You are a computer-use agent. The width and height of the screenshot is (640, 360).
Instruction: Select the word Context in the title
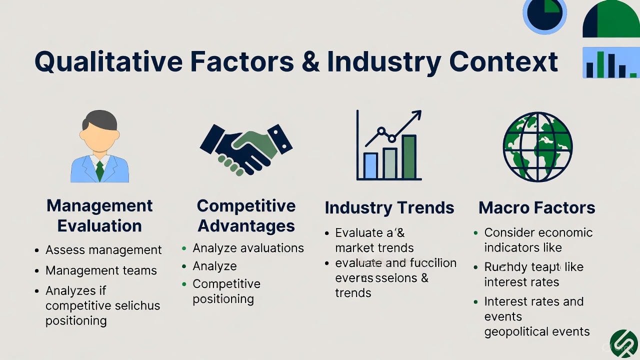pyautogui.click(x=503, y=61)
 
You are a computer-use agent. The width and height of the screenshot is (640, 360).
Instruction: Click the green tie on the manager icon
pyautogui.click(x=99, y=170)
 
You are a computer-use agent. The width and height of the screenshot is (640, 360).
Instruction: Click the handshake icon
pyautogui.click(x=246, y=148)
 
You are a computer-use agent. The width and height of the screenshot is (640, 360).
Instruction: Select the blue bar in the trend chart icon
pyautogui.click(x=370, y=165)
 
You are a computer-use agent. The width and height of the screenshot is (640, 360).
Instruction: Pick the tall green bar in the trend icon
pyautogui.click(x=409, y=156)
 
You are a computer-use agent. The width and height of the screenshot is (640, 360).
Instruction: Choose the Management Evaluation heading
pyautogui.click(x=99, y=215)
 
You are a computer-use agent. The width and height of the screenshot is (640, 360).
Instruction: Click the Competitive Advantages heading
pyautogui.click(x=246, y=215)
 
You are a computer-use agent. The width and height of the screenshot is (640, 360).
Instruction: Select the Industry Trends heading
pyautogui.click(x=389, y=208)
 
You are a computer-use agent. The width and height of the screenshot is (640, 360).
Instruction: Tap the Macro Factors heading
pyautogui.click(x=537, y=208)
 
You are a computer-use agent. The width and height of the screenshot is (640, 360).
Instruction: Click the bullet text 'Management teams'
pyautogui.click(x=101, y=270)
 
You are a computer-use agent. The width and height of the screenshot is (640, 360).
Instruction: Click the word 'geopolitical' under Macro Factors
pyautogui.click(x=516, y=331)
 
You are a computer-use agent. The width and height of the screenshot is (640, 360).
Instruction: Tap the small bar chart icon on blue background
pyautogui.click(x=611, y=63)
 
